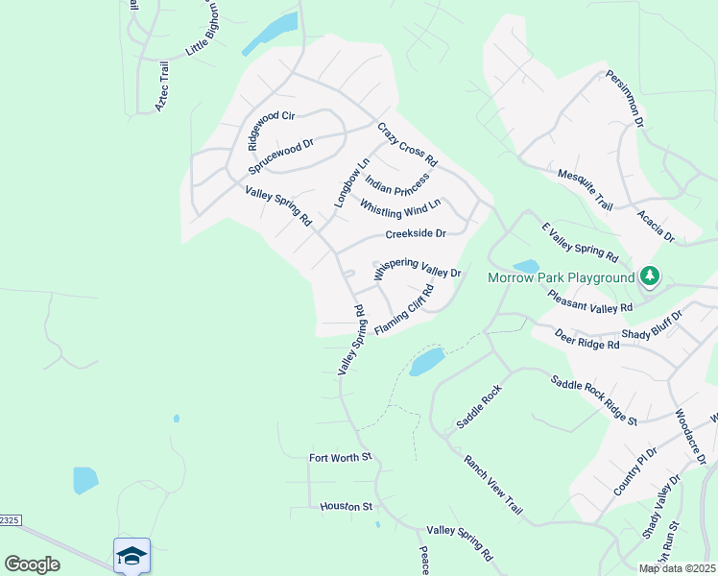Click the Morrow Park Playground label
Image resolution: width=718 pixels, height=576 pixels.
point(562,277)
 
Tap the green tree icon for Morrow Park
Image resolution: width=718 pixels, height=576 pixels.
point(651,276)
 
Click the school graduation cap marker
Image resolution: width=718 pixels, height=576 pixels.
point(132,555)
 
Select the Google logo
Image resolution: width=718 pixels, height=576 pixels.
point(32,564)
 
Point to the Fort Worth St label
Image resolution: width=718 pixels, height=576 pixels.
point(340,457)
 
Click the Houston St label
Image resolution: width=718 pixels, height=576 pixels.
point(346,506)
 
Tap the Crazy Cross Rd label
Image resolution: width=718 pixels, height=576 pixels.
point(407,144)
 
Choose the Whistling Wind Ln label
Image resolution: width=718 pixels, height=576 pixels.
point(400,205)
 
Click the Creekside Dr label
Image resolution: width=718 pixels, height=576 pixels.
point(416,233)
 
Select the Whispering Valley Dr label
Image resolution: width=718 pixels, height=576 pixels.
point(418,268)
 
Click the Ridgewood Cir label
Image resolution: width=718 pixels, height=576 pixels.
point(270,131)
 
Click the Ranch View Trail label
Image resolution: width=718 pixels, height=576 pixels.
point(492,482)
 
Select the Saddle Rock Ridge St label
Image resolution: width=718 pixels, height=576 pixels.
point(594,399)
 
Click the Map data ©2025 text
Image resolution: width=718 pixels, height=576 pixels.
point(676,568)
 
